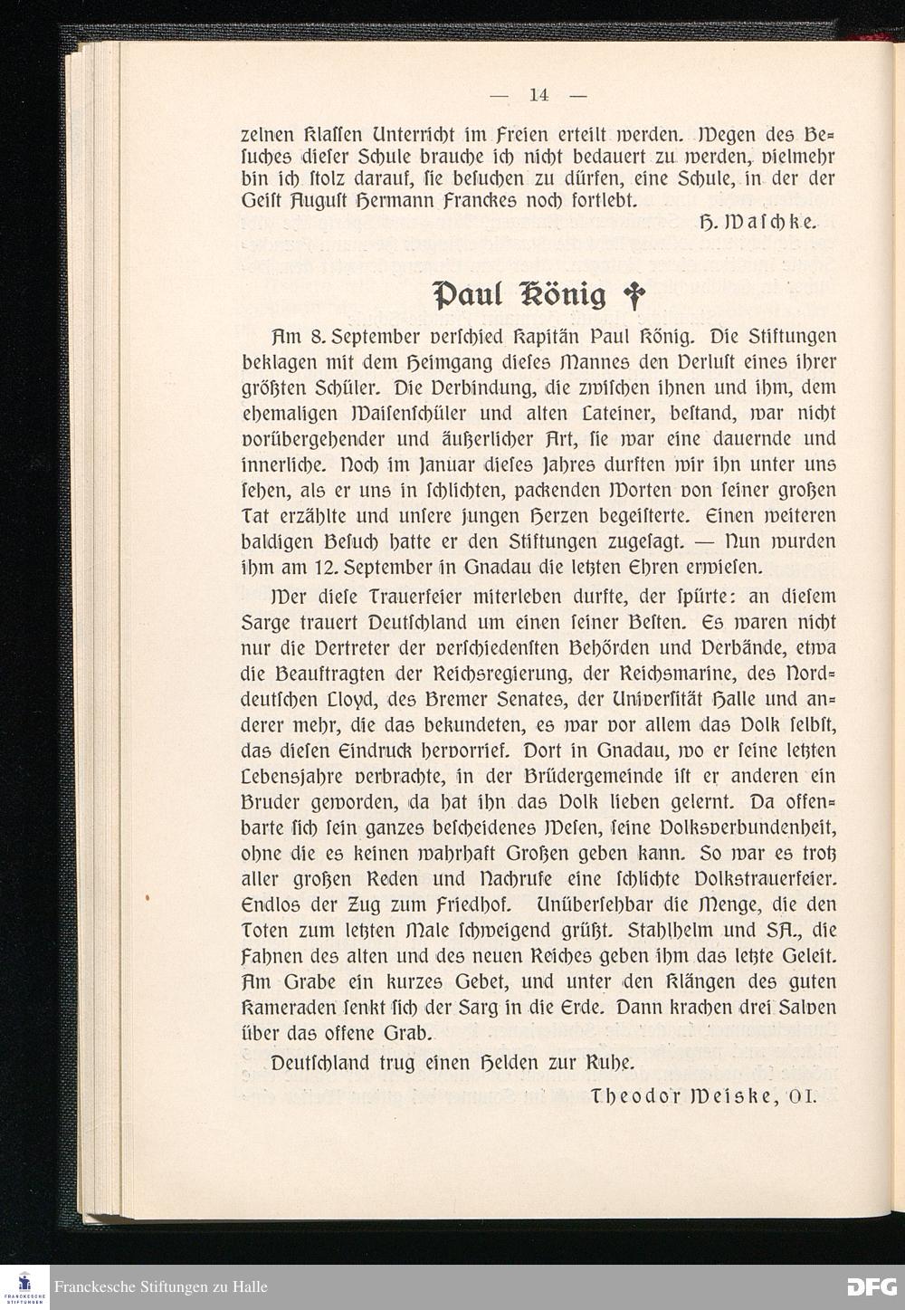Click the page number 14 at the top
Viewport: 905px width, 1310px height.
pos(539,94)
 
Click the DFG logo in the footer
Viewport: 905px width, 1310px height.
pos(872,1286)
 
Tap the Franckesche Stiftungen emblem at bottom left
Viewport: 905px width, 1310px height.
pos(24,1286)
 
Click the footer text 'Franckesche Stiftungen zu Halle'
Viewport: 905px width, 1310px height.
pos(161,1287)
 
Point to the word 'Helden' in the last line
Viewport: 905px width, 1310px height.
pos(512,1062)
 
